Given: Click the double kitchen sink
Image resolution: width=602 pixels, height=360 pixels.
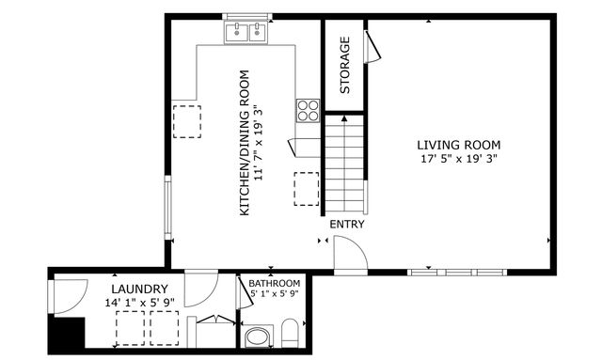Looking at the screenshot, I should click(248, 33).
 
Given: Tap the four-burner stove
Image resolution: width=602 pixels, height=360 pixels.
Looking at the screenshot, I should click(308, 110).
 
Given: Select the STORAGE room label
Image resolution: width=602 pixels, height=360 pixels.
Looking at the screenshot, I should click(344, 65).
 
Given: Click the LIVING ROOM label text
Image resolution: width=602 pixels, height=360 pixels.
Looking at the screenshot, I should click(458, 145).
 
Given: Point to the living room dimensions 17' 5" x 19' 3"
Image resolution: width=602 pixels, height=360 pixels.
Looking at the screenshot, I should click(458, 160).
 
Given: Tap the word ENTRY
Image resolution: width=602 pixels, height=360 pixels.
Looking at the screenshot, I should click(346, 225).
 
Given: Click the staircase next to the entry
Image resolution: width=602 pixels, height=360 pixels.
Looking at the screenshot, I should click(344, 164).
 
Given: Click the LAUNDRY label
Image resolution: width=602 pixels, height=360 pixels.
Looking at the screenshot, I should click(139, 289).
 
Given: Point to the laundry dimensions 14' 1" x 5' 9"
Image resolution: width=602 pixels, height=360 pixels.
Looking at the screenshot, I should click(139, 303).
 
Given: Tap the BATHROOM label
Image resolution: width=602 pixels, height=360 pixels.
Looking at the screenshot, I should click(274, 283).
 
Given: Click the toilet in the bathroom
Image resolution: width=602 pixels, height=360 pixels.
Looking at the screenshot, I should click(291, 333).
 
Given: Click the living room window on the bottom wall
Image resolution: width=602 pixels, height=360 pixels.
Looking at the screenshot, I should click(457, 273).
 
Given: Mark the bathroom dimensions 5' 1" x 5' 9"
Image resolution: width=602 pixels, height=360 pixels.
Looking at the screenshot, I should click(274, 294).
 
